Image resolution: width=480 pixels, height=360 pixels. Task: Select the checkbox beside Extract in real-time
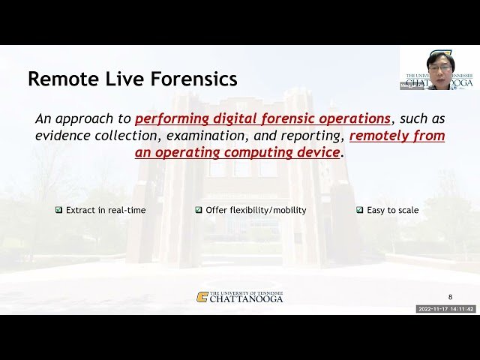[58, 210]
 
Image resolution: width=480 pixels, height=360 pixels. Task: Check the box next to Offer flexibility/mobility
[199, 210]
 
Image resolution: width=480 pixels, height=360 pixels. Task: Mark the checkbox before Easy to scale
[360, 210]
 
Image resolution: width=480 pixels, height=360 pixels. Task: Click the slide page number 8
[450, 297]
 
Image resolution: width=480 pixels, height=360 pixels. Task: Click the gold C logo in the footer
[202, 297]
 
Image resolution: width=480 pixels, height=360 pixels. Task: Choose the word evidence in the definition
[63, 136]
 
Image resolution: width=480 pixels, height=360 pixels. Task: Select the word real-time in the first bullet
[127, 210]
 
